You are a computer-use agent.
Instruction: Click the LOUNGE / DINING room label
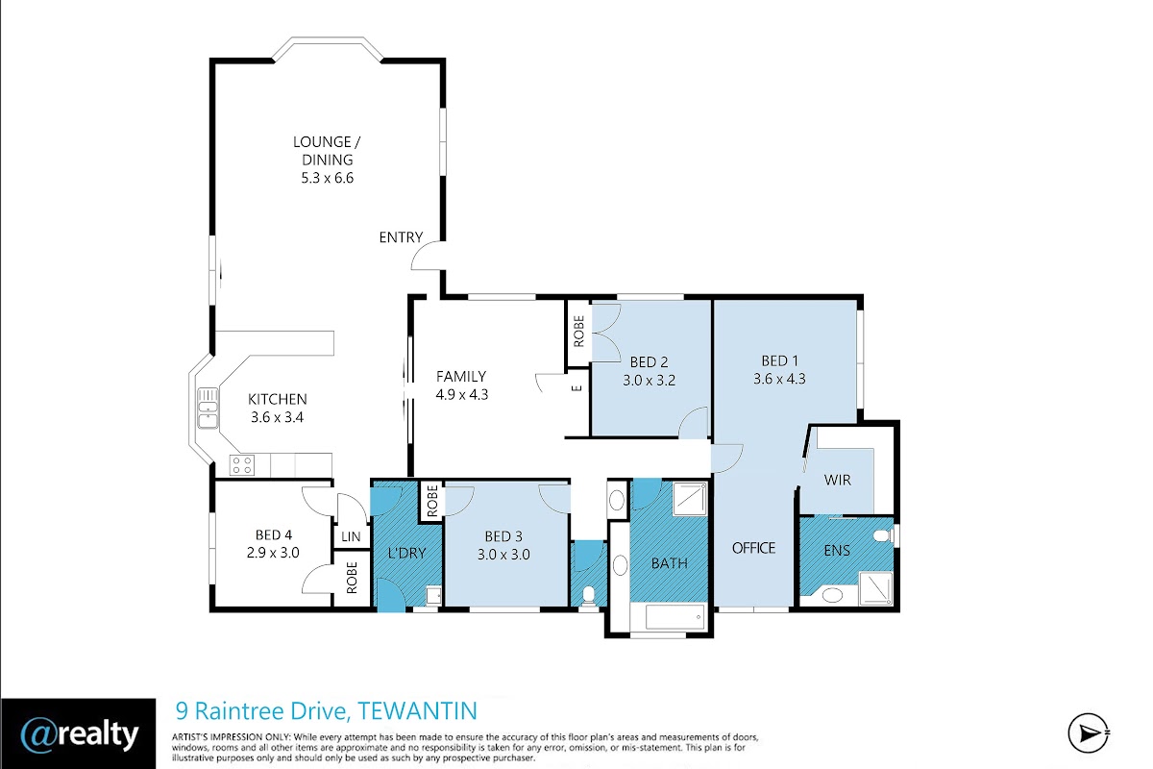point(327,150)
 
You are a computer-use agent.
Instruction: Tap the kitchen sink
point(208,408)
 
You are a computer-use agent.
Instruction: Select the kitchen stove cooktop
point(241,464)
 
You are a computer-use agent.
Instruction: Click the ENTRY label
point(401,236)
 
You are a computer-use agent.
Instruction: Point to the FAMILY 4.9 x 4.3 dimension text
point(462,394)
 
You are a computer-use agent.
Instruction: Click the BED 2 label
point(650,362)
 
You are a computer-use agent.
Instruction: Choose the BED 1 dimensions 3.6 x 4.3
point(779,379)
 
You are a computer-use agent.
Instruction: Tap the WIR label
point(837,480)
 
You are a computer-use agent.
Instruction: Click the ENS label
point(837,550)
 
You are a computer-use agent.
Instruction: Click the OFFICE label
point(753,548)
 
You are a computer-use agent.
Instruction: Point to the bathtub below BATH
point(675,617)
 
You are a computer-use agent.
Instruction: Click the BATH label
point(669,563)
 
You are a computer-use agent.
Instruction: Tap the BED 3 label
point(503,536)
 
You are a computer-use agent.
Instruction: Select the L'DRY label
point(406,553)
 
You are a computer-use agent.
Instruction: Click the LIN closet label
point(351,536)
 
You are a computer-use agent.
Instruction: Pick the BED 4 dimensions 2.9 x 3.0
point(273,553)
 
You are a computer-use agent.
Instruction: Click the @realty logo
point(79,734)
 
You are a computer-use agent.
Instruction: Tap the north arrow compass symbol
point(1088,732)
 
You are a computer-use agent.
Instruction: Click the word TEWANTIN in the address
point(417,710)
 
